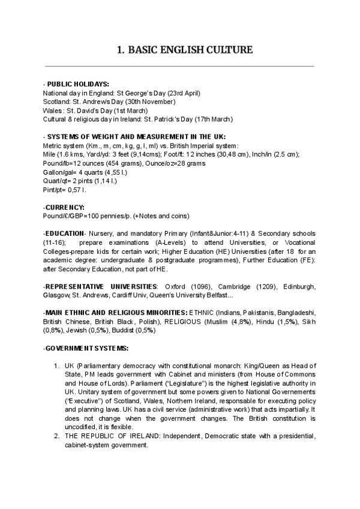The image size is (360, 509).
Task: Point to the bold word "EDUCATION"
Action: pyautogui.click(x=65, y=233)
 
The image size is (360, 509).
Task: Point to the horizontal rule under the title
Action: pyautogui.click(x=180, y=66)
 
